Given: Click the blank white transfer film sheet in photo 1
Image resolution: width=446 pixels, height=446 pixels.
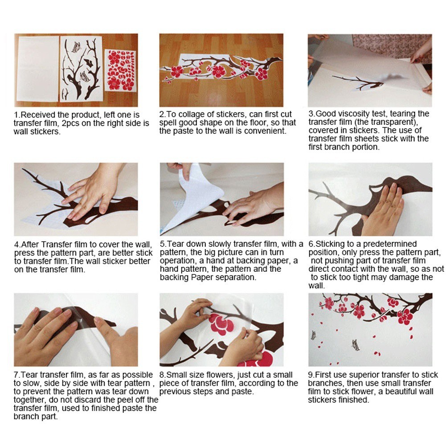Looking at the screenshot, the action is click(37, 68).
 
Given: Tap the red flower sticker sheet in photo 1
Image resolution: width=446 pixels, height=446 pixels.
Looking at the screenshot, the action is click(120, 70).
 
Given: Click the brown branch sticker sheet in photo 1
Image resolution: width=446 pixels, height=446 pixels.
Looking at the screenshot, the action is click(82, 69).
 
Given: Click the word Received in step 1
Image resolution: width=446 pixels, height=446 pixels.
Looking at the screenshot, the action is click(38, 115).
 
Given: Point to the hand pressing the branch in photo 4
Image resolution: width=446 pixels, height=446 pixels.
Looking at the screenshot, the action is click(94, 193).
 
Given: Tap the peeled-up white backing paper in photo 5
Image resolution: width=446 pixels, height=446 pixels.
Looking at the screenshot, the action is click(193, 196).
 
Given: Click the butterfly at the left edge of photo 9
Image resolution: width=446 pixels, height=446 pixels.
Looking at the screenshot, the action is click(314, 335).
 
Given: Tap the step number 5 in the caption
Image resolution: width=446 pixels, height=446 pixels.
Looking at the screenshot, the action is click(163, 244).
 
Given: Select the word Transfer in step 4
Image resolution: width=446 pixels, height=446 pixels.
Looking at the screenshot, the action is click(57, 245).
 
